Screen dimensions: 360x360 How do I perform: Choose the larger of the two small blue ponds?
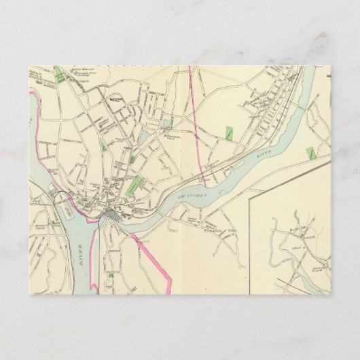[x=166, y=124]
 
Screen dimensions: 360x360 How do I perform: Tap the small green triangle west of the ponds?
[x=103, y=145]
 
